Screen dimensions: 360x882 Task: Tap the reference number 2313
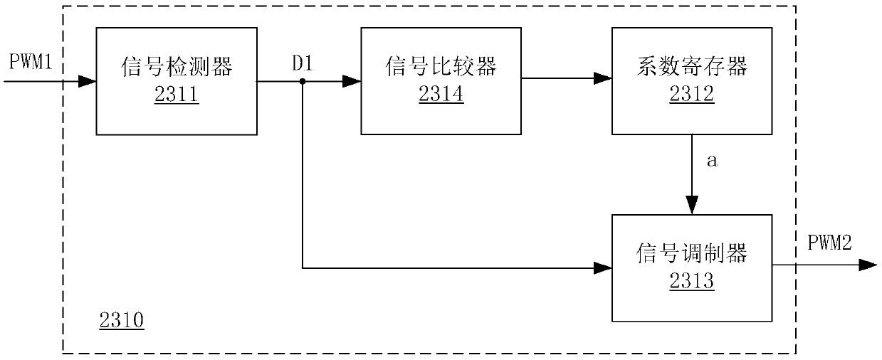pyautogui.click(x=692, y=282)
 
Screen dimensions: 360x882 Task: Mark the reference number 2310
pyautogui.click(x=121, y=322)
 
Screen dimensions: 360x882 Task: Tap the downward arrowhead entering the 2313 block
pyautogui.click(x=692, y=205)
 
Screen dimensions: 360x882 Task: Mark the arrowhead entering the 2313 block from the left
pyautogui.click(x=604, y=268)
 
